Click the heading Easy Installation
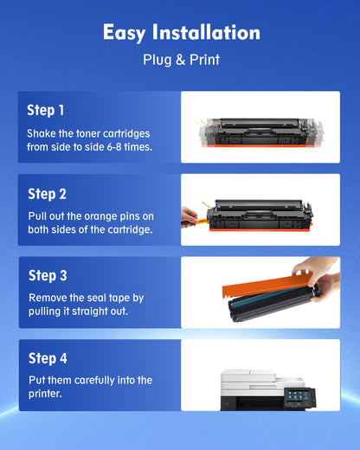coord(181,33)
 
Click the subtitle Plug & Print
coord(181,60)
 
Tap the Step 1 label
coord(46,111)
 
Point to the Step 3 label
coord(48,276)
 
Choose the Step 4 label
coord(48,358)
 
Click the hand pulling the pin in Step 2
coord(190,215)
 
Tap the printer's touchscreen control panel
coord(299,399)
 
